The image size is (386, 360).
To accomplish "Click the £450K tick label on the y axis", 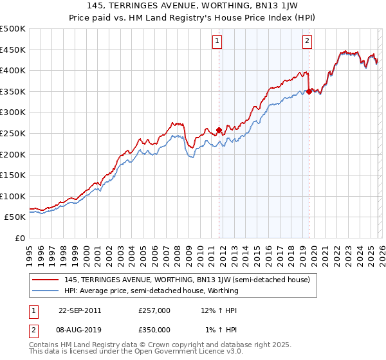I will (13, 50).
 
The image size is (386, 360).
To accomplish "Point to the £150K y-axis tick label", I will (13, 175).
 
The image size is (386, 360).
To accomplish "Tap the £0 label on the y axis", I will (21, 238).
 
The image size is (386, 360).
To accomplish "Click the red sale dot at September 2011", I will (219, 130).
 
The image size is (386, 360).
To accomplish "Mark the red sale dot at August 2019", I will (309, 91).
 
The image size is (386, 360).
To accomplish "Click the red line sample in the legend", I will (46, 280).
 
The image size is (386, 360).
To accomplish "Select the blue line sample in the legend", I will (46, 291).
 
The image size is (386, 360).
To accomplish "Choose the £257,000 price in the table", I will (154, 310).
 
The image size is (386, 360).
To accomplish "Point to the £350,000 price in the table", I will (154, 330).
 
